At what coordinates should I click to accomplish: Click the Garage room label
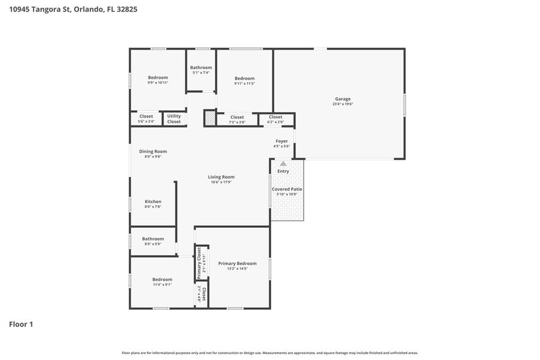342,99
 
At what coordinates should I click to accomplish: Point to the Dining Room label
152,151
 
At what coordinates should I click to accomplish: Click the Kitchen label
152,201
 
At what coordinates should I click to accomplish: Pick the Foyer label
281,141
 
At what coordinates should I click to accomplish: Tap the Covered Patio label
287,189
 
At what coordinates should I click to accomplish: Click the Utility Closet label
174,118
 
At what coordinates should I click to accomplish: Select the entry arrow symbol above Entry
283,163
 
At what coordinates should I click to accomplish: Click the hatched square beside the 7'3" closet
210,118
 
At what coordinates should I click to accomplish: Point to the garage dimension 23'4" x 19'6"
342,104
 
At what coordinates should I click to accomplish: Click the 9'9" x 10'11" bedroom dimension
157,83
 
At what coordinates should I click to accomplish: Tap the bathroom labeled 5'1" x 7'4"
201,70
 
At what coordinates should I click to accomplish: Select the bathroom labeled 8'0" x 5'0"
152,241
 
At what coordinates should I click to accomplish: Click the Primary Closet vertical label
200,262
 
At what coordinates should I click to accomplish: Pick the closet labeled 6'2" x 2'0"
276,119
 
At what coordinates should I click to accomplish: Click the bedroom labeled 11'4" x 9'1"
162,282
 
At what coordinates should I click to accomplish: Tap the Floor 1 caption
21,324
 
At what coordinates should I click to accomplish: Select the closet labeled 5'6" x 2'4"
146,118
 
